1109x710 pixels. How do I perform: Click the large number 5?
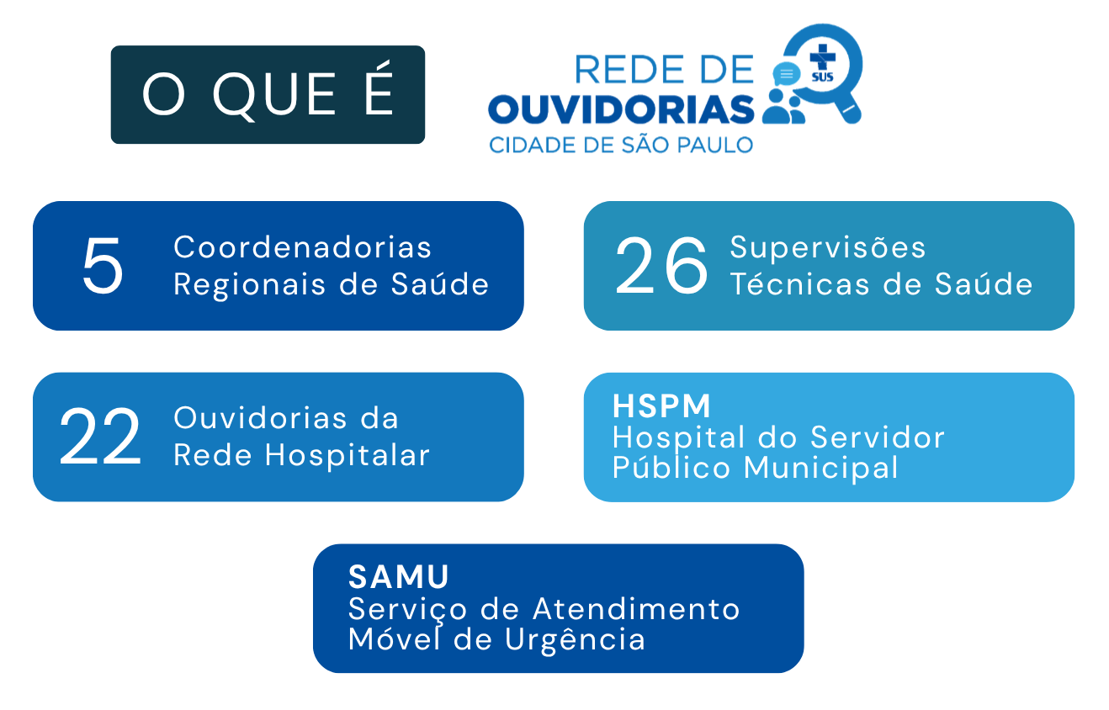tap(103, 265)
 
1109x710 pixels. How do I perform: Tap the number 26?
tap(661, 265)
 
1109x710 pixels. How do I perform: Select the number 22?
tap(100, 437)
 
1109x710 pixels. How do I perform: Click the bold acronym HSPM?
tap(661, 406)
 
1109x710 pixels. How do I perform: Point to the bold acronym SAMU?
tap(399, 577)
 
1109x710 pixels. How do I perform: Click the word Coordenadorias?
tap(303, 247)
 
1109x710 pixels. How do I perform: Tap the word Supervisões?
tap(827, 246)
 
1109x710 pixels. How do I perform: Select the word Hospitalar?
tap(348, 454)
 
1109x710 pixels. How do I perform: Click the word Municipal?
tap(820, 468)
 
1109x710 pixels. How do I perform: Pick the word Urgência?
tap(575, 639)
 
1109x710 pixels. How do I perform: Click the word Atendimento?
tap(636, 608)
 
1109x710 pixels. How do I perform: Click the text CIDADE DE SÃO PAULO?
tap(621, 145)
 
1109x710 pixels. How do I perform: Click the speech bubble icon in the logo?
tap(786, 74)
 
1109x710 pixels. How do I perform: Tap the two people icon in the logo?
tap(783, 107)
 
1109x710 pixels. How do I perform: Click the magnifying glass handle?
tap(850, 110)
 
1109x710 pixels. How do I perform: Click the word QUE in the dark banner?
tap(274, 94)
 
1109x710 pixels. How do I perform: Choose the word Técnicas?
tap(799, 284)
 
